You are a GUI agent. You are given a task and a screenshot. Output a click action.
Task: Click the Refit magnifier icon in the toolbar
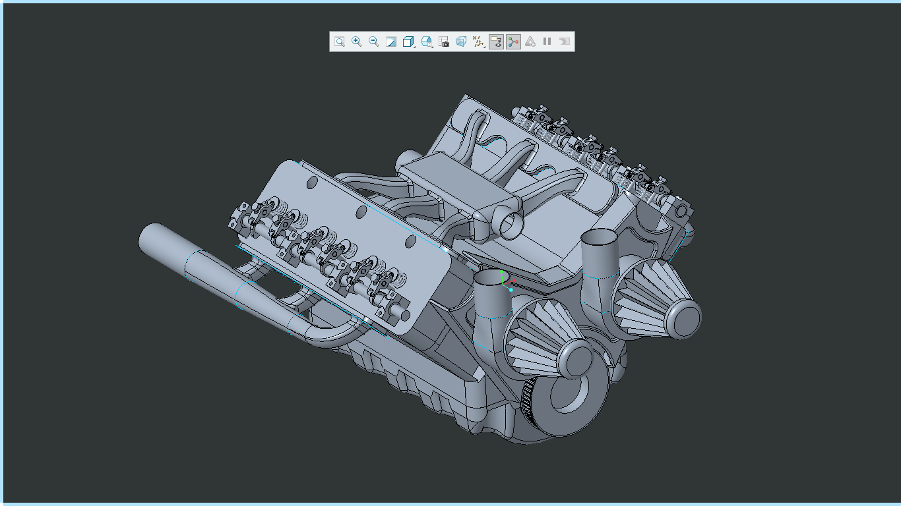339,42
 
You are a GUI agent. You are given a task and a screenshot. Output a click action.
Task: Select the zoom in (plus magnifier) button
356,42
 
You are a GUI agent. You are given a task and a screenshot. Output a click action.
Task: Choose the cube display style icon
408,42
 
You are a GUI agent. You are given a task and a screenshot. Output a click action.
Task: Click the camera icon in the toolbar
444,42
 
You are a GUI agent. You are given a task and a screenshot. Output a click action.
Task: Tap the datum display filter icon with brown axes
478,42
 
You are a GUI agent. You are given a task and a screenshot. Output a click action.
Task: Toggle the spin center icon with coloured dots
513,42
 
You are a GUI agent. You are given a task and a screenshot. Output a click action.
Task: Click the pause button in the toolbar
547,42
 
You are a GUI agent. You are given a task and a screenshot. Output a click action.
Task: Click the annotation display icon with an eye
496,42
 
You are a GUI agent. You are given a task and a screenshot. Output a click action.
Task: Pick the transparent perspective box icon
461,42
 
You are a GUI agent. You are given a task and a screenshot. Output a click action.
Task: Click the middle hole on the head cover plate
361,212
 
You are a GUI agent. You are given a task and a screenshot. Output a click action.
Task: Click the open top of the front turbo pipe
491,279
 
